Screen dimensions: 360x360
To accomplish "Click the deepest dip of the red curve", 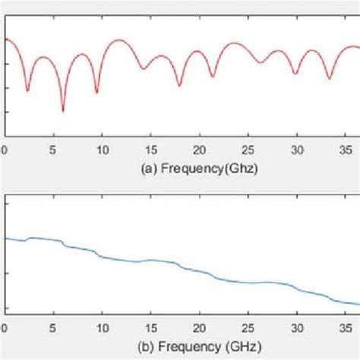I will pos(63,111).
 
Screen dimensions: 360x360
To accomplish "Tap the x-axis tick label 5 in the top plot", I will pos(53,150).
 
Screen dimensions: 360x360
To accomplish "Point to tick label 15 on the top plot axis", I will pos(150,150).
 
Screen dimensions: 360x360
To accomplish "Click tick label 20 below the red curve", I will pos(199,150).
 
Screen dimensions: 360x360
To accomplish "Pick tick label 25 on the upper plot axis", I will pos(248,150).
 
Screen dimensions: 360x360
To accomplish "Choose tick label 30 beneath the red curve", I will pos(296,150).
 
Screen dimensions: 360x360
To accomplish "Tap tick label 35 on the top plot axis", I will pos(345,150).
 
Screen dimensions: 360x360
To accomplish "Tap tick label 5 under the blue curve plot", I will pos(53,328).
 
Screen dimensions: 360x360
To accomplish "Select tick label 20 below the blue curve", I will pos(199,328).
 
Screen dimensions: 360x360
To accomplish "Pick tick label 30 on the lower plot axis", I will pos(296,328).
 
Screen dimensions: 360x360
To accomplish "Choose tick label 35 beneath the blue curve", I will pos(345,328).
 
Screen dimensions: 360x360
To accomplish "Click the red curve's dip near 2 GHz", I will pos(28,91).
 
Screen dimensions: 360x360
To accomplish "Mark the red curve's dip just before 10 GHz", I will pos(96,92).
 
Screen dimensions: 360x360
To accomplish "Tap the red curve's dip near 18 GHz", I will pos(179,85).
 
